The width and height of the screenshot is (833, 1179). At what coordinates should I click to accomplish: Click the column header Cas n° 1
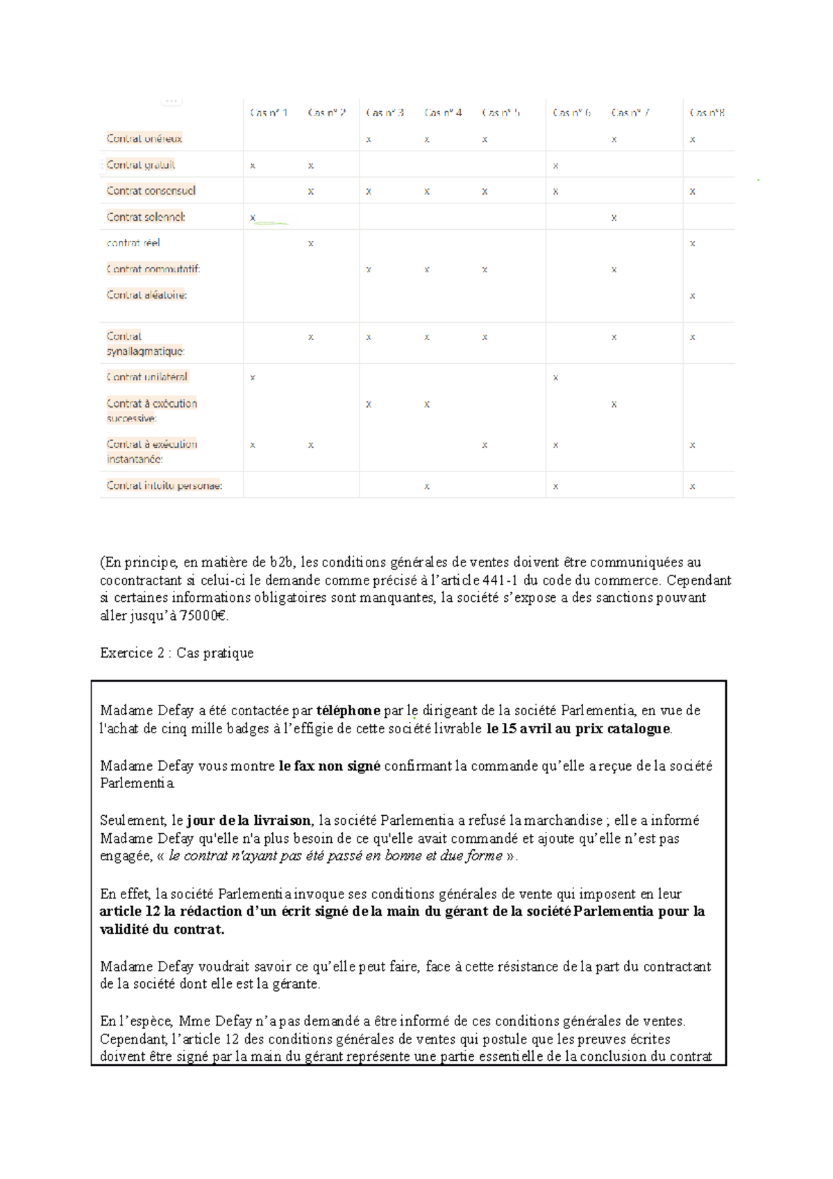(269, 112)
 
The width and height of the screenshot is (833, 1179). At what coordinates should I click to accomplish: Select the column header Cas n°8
(707, 112)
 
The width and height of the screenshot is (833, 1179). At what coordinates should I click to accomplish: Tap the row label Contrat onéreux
(144, 139)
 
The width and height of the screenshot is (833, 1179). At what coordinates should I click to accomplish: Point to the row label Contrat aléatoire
(146, 295)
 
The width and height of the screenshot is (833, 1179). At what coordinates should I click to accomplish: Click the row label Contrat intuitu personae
(165, 486)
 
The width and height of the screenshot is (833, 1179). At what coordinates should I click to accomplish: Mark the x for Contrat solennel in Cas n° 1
(253, 218)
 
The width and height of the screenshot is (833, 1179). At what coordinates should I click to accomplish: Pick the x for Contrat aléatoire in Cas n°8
(692, 296)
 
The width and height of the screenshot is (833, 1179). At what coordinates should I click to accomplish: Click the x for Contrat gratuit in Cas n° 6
(555, 166)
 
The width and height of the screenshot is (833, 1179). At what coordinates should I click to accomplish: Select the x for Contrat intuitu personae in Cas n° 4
(427, 487)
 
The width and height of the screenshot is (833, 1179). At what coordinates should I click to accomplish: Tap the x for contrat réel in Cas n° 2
(310, 244)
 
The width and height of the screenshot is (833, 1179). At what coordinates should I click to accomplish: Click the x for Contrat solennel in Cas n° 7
(614, 218)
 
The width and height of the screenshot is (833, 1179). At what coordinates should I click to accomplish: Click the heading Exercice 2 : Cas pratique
(176, 653)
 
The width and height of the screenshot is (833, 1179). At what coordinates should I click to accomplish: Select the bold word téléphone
(348, 710)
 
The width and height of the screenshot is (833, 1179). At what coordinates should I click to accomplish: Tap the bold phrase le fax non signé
(329, 766)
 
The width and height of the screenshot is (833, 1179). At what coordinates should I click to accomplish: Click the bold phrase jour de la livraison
(249, 821)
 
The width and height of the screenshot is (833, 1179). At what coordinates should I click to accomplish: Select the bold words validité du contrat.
(161, 930)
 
